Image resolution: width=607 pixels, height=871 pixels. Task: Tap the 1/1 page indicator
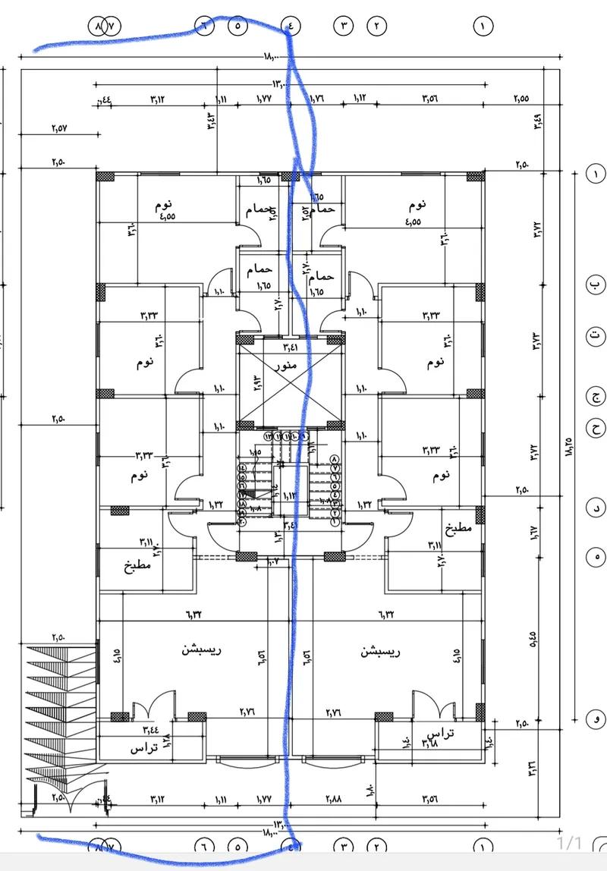570,842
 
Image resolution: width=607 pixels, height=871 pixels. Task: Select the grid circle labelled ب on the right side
595,285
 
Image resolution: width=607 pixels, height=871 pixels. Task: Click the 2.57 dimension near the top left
60,128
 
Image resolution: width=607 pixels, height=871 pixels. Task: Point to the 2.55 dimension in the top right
521,99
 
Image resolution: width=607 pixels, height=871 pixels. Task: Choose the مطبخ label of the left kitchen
137,565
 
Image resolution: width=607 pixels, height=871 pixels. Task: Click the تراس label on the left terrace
143,748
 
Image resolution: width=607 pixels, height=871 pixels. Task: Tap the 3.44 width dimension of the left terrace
151,730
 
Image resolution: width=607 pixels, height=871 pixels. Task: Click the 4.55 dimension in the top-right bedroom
414,222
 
